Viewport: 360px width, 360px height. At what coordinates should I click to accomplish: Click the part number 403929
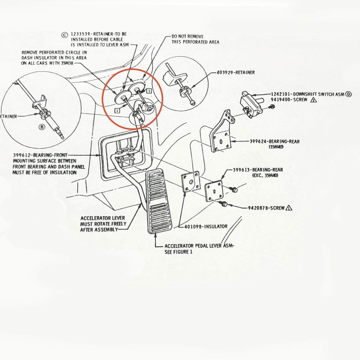(x=225, y=73)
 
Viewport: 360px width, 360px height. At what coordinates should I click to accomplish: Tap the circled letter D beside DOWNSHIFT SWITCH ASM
(x=348, y=94)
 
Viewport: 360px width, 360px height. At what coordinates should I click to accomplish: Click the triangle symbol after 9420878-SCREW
(x=289, y=208)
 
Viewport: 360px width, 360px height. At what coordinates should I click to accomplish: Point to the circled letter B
(x=42, y=127)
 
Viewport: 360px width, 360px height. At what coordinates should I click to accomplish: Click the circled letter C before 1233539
(x=64, y=35)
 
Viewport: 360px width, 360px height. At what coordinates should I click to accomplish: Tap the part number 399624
(x=258, y=142)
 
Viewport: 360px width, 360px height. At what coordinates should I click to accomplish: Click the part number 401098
(x=193, y=226)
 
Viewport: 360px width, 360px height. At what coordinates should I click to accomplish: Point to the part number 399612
(x=21, y=155)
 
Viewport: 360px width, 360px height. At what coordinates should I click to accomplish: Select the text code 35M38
(x=67, y=63)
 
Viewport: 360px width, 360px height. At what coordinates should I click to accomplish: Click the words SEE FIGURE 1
(x=178, y=252)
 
